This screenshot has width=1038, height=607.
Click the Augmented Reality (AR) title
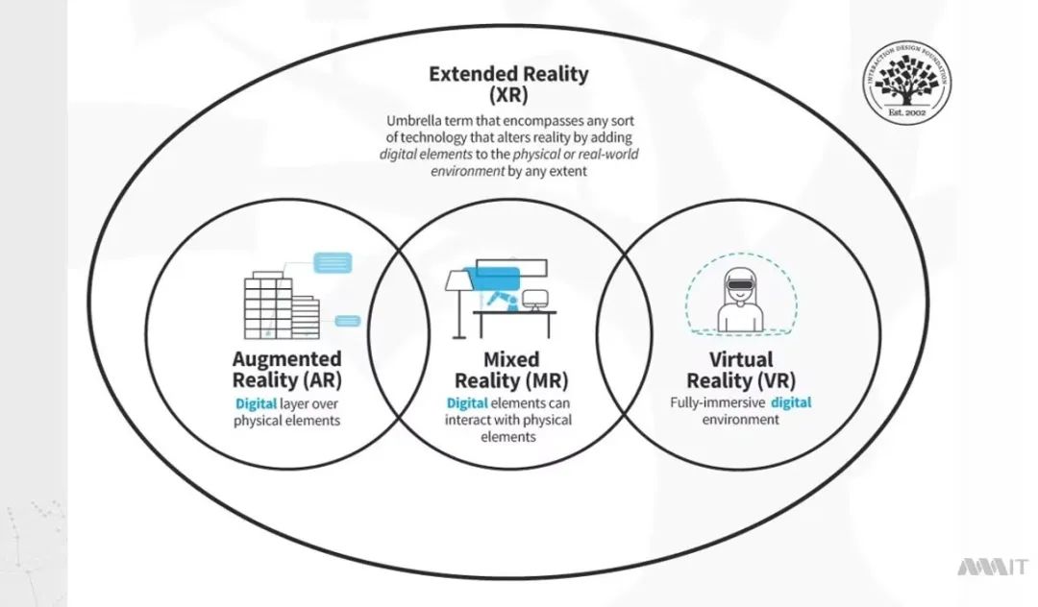tap(286, 369)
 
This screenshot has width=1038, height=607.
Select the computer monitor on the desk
tap(534, 300)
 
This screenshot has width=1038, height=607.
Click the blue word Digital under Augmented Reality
tap(256, 403)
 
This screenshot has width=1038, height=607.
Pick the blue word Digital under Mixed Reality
tap(467, 402)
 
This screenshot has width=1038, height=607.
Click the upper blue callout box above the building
tap(334, 260)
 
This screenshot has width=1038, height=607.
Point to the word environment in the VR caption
tap(740, 420)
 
